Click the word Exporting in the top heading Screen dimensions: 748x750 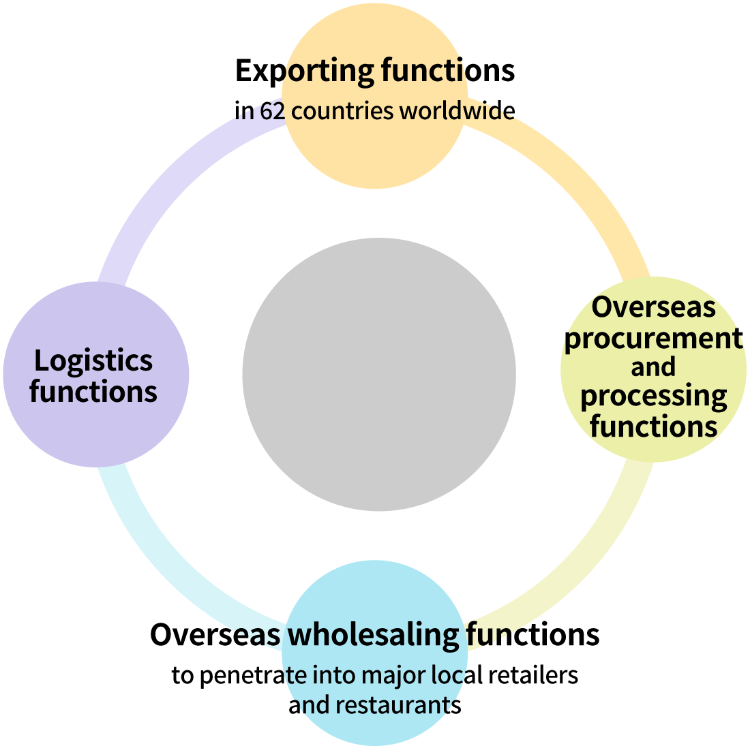coord(304,71)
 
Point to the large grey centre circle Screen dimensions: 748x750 coord(379,374)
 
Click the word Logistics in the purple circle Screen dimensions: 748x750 coord(93,361)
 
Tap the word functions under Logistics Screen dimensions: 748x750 coord(93,392)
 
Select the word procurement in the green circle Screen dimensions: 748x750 coord(653,338)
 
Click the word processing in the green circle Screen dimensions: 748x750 coord(653,396)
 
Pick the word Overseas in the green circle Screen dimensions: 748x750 coord(653,307)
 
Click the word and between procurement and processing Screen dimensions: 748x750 coord(653,367)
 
